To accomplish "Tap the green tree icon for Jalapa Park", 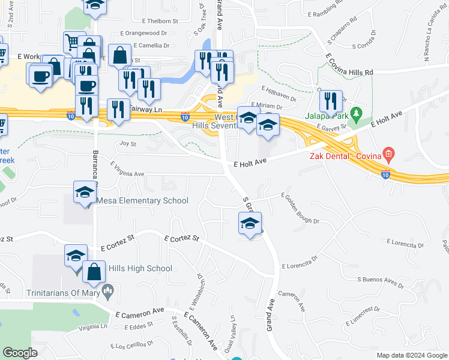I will click(x=356, y=113).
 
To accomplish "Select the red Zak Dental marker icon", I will click(x=388, y=154).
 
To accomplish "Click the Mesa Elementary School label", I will click(x=142, y=201).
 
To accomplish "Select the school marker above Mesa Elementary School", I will click(x=85, y=193).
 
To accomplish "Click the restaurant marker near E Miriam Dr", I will click(x=330, y=101).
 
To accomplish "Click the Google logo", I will click(x=20, y=353).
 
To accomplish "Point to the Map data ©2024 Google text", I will click(x=412, y=355).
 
